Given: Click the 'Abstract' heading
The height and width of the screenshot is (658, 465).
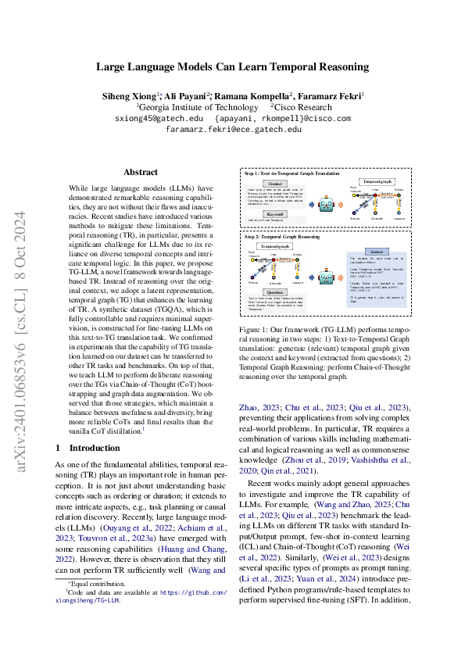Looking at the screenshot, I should [141, 172].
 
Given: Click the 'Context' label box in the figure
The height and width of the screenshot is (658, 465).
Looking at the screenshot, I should [274, 184].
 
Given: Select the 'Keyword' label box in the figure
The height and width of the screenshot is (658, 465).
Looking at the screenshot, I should [274, 213].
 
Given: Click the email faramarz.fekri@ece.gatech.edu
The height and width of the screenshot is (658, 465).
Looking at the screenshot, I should [232, 130].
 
